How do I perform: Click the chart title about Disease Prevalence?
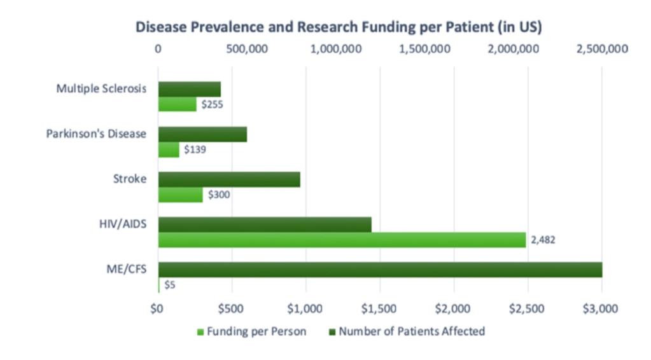[x=338, y=27]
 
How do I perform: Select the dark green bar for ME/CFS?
[x=380, y=270]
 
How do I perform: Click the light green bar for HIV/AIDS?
[x=342, y=240]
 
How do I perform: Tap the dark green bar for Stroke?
[x=229, y=179]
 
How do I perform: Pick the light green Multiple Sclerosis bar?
[x=177, y=104]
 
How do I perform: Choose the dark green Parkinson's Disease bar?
[x=202, y=134]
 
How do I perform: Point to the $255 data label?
[x=211, y=104]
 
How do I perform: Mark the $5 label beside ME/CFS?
[x=170, y=285]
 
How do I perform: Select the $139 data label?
[x=194, y=149]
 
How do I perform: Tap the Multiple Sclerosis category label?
[x=101, y=88]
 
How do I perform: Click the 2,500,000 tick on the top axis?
[x=602, y=50]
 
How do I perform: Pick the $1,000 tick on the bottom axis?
[x=306, y=309]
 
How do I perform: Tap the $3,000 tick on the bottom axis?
[x=601, y=309]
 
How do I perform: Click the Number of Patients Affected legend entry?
[x=407, y=331]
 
